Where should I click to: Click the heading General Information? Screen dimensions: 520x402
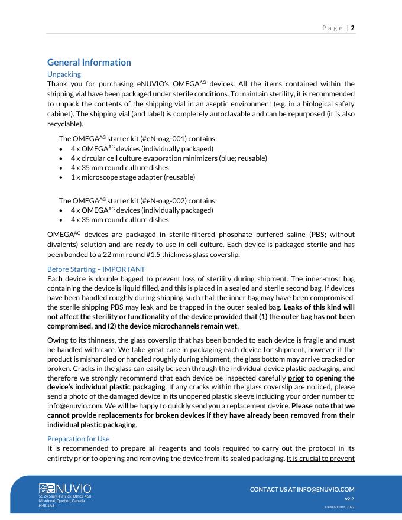89,63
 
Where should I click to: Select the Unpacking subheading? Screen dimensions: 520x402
64,74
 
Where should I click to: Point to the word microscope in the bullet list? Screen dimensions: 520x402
102,177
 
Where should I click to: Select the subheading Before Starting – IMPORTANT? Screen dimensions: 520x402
96,269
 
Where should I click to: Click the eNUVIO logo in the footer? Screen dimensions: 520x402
65,489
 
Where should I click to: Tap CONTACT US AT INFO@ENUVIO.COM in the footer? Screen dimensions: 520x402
302,489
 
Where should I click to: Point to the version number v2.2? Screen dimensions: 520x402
349,499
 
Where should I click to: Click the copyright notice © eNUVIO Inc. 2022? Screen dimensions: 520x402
339,507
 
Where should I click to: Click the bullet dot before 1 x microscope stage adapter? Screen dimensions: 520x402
61,177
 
